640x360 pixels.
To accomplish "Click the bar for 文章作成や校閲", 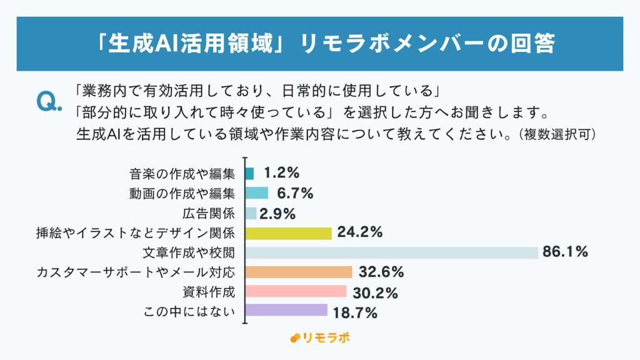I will (391, 252).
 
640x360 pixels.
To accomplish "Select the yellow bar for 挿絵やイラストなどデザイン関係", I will (288, 233).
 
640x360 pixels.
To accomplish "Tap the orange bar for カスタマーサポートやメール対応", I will (299, 272).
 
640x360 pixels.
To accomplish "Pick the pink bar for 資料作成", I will (296, 291).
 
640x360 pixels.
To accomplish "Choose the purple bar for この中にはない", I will (286, 310).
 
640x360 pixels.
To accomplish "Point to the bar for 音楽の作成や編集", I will (250, 174).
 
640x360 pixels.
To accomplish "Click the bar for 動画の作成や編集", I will (257, 193).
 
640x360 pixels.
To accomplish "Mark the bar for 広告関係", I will (251, 213).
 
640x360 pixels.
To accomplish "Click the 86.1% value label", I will (565, 252).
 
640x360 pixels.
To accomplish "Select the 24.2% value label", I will (359, 233).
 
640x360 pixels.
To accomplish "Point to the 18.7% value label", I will (354, 312).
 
